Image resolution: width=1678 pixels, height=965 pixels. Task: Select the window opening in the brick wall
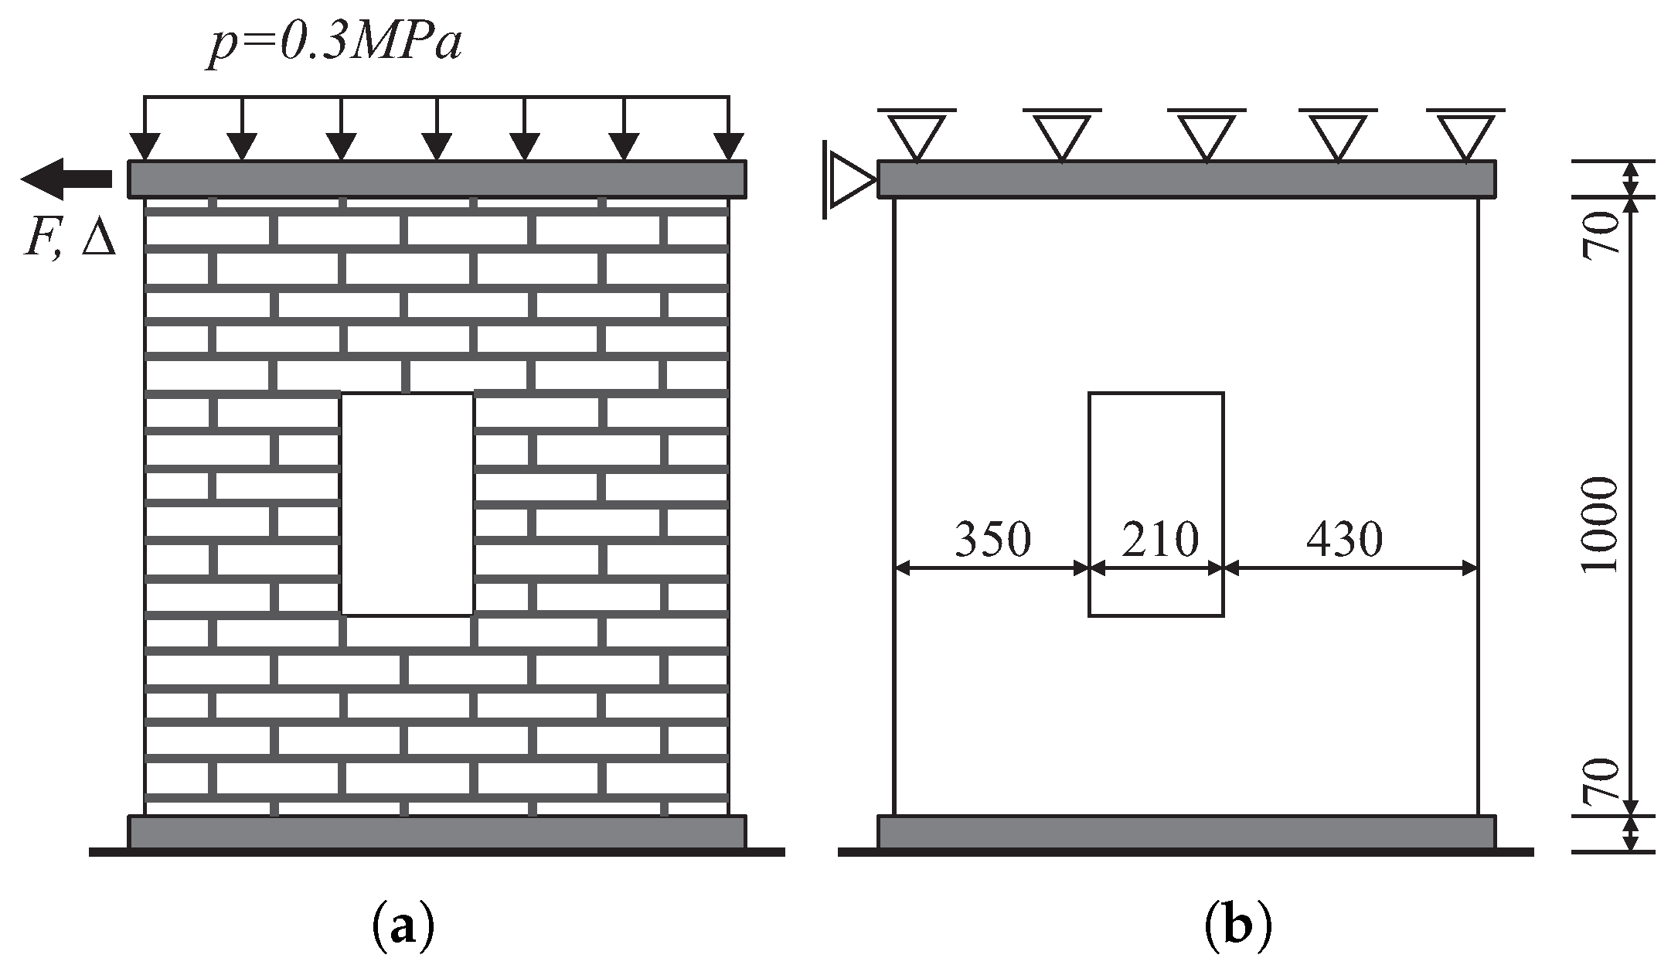(407, 504)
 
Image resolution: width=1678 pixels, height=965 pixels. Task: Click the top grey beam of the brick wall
(437, 179)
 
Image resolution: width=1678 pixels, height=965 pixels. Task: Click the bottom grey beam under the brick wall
(437, 831)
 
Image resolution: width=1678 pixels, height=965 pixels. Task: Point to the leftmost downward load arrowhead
(145, 145)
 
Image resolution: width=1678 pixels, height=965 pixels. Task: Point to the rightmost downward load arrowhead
(728, 145)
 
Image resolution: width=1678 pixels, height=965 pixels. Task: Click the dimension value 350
(992, 539)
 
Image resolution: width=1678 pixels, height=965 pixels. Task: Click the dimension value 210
(1159, 539)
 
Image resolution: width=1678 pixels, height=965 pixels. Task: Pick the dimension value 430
(1344, 539)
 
